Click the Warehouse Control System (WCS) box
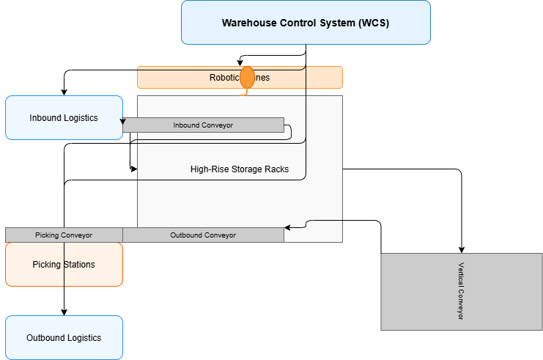[x=306, y=22]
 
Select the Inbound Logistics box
[x=64, y=117]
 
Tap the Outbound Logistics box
[x=64, y=337]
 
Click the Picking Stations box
[x=64, y=264]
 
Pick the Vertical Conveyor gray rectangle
[x=461, y=291]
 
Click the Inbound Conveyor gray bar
[x=203, y=125]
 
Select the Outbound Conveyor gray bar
[x=203, y=235]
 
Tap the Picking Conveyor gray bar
[x=64, y=235]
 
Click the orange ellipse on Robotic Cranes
[x=247, y=77]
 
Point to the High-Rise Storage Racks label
[x=239, y=169]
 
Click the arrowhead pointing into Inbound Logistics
[x=124, y=122]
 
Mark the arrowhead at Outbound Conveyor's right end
[x=288, y=227]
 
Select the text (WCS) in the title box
[x=374, y=23]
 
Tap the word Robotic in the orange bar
[x=224, y=78]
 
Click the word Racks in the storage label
[x=276, y=169]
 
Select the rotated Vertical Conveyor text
[x=461, y=291]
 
